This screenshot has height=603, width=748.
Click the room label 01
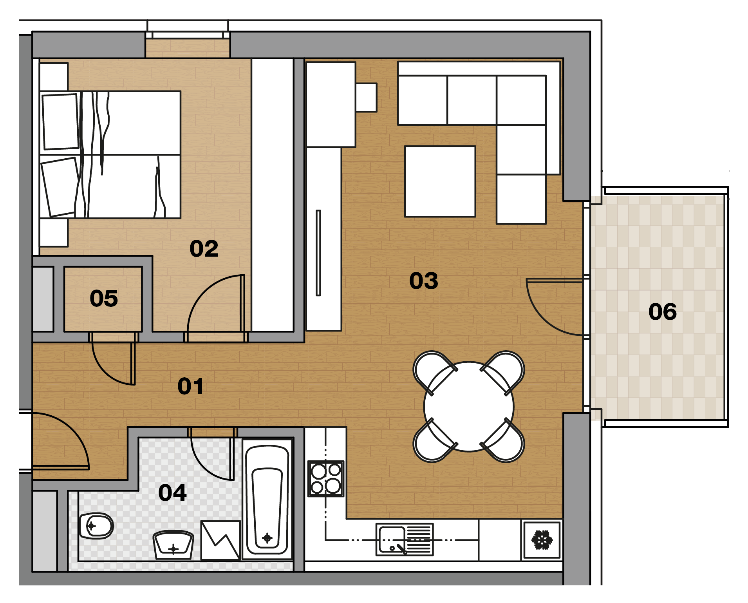point(190,386)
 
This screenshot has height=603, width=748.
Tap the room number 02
point(204,249)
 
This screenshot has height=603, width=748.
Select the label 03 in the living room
point(423,281)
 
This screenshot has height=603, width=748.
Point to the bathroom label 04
point(172,493)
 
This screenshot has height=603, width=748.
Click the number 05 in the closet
point(104,299)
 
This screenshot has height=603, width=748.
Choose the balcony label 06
point(662,312)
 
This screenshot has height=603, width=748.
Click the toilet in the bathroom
point(96,526)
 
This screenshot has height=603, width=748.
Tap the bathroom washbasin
point(173,545)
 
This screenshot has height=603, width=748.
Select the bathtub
point(267,500)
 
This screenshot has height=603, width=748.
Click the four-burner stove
point(326,479)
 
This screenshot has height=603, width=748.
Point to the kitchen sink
point(405,540)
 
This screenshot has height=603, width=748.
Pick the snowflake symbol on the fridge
point(542,540)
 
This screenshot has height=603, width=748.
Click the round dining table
point(469,407)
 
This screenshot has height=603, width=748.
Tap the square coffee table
point(440,181)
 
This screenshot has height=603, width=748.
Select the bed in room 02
point(110,155)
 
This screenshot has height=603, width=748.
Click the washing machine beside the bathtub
point(220,540)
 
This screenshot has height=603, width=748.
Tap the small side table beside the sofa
point(367,98)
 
